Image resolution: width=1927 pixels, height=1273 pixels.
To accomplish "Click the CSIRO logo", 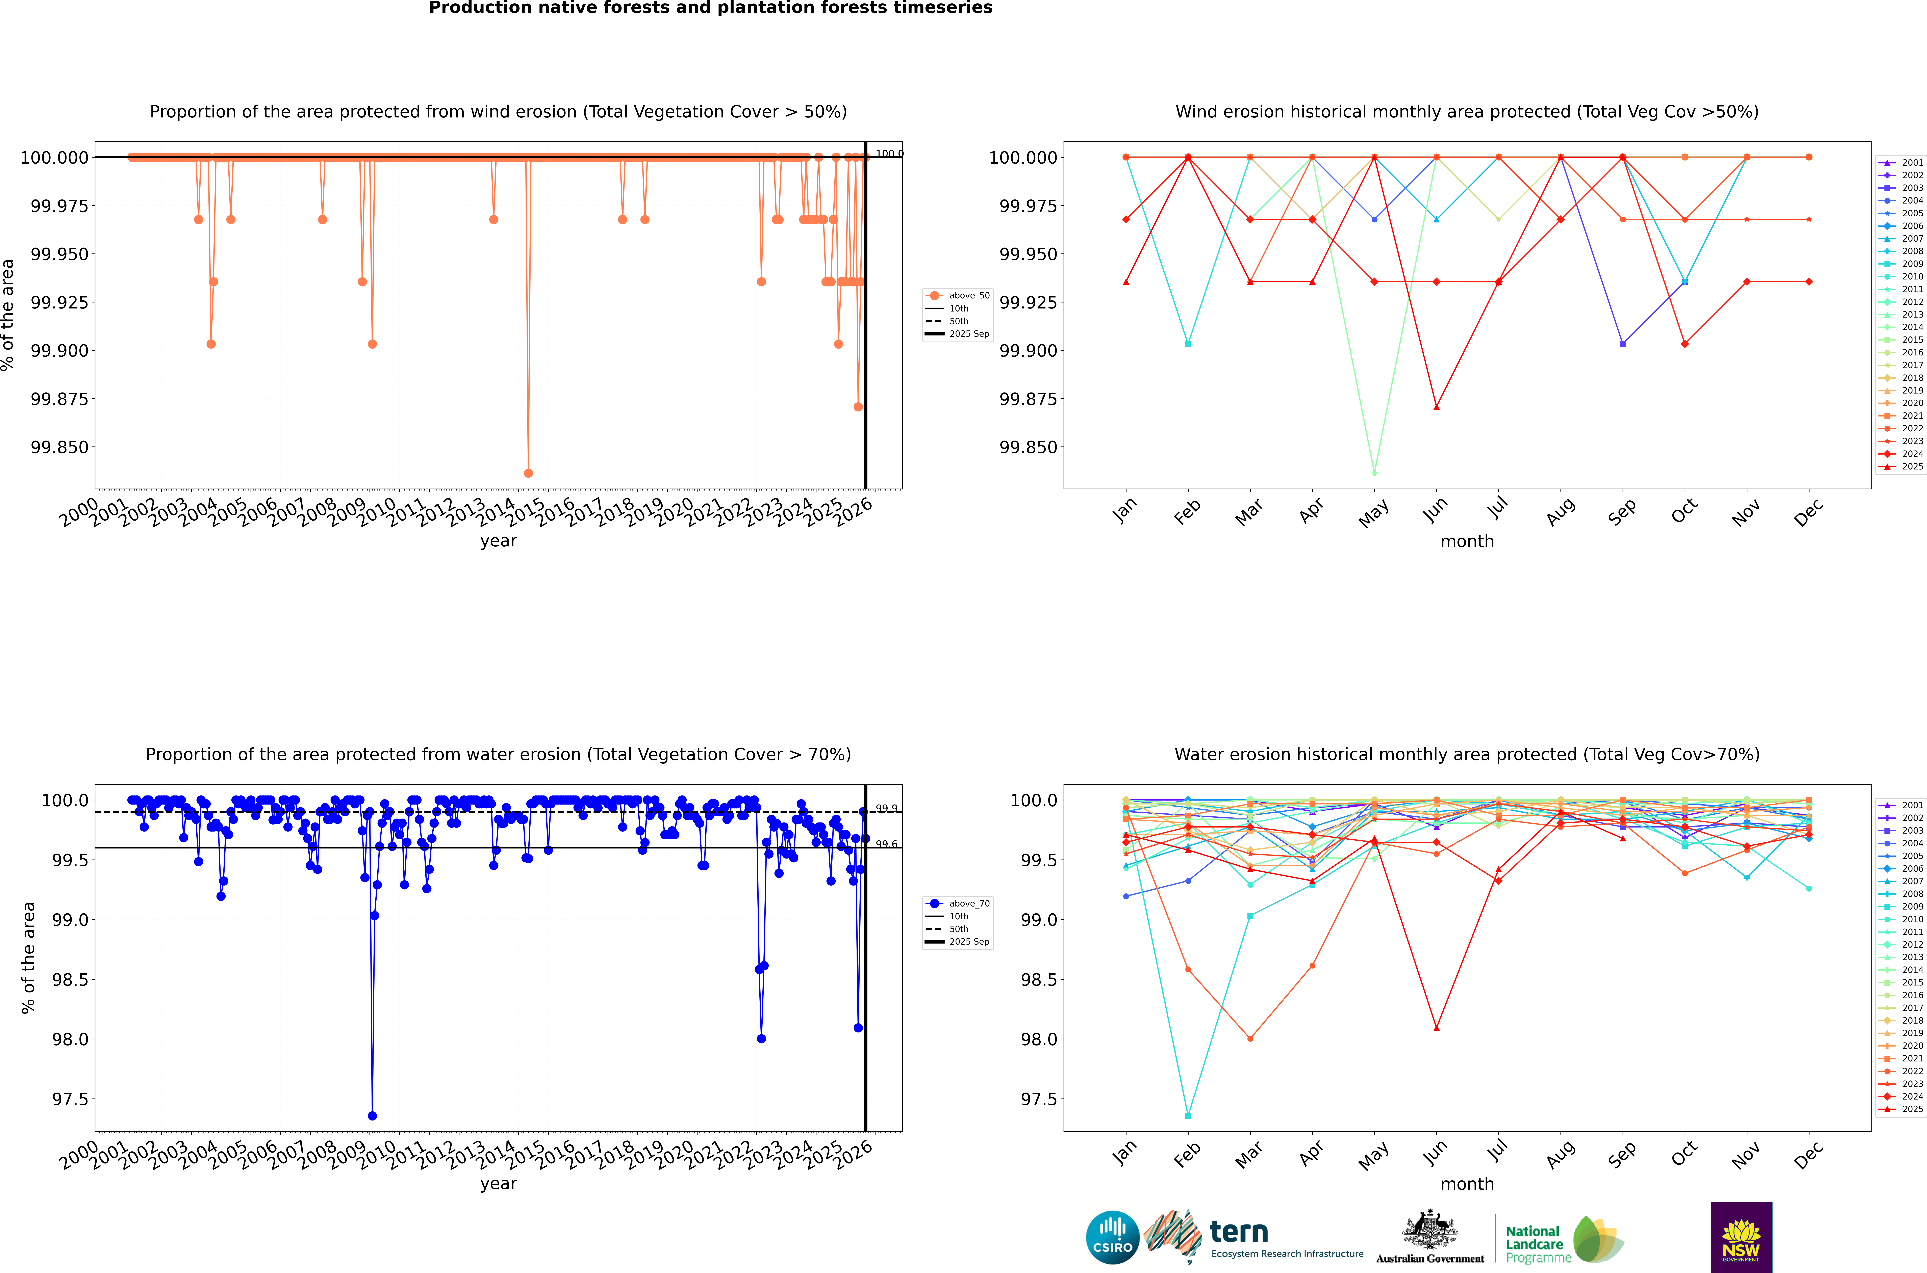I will pos(1112,1237).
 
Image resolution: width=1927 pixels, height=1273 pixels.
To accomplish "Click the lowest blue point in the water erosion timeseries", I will pos(372,1115).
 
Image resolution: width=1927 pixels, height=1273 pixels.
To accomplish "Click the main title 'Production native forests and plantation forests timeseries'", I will pos(711,8).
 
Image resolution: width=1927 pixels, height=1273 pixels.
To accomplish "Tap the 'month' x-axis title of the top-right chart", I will pos(1467,542).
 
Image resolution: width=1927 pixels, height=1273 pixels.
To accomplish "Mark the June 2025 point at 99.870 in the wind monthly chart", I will pos(1437,407).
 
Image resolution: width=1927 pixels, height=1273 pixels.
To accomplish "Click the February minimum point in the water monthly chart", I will pos(1188,1115).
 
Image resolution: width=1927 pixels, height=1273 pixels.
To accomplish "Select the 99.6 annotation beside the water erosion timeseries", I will pos(886,844).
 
